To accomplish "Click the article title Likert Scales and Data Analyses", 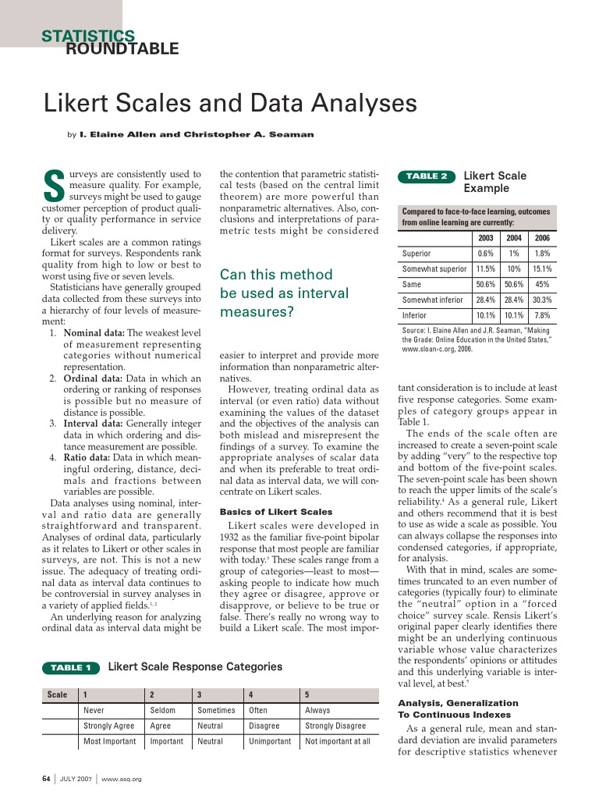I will click(x=229, y=104).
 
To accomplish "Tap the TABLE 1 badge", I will click(x=71, y=667).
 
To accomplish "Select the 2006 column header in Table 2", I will click(x=541, y=238).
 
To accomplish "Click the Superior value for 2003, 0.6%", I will click(x=485, y=254).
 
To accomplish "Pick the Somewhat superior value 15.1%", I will click(x=541, y=269).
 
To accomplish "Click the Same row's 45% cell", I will click(x=541, y=285).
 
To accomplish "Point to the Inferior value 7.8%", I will click(x=541, y=315).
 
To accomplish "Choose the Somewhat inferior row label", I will click(x=432, y=300).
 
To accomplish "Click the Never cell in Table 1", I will click(x=94, y=710).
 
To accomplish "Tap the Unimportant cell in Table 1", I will click(x=269, y=741).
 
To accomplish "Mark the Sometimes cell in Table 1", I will click(x=216, y=710).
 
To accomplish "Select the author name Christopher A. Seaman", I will click(x=249, y=134).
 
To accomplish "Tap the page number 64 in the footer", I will click(x=46, y=779).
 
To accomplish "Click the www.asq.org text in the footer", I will click(x=121, y=779).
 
